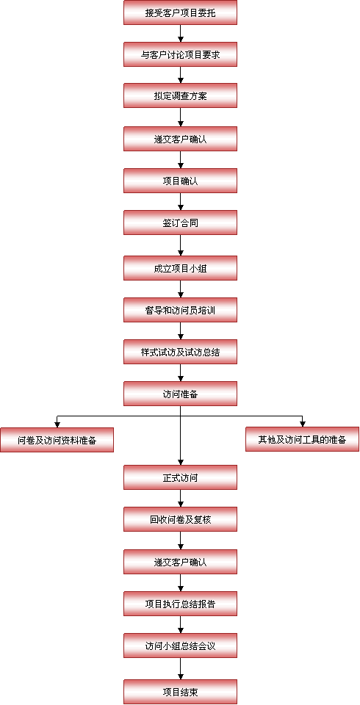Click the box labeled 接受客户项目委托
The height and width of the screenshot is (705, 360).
tap(181, 12)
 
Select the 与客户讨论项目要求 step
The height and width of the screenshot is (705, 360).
tap(181, 54)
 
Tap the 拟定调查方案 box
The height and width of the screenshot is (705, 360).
tap(181, 95)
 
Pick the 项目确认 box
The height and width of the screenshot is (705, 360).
tap(181, 181)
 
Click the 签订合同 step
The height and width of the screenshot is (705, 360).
tap(181, 223)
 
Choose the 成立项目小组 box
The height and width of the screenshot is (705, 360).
tap(181, 268)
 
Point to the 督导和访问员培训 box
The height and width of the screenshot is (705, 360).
tap(181, 310)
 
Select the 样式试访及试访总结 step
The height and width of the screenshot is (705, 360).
tap(181, 352)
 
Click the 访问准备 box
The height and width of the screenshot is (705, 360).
tap(181, 394)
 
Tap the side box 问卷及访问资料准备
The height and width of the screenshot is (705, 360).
tap(57, 440)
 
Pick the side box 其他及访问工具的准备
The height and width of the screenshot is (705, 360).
tap(303, 439)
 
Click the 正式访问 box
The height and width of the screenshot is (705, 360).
tap(181, 477)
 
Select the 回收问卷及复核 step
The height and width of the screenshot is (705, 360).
tap(181, 519)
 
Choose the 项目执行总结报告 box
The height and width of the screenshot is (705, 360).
tap(181, 604)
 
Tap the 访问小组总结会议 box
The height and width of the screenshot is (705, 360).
tap(181, 646)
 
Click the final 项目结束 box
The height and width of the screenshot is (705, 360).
tap(181, 692)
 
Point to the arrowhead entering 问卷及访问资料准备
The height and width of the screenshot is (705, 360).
tap(57, 424)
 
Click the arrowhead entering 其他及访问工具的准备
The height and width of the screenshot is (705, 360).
tap(303, 424)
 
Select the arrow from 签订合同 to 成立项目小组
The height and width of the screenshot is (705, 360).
tap(181, 245)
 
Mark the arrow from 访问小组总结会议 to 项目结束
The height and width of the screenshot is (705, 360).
tap(181, 668)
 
